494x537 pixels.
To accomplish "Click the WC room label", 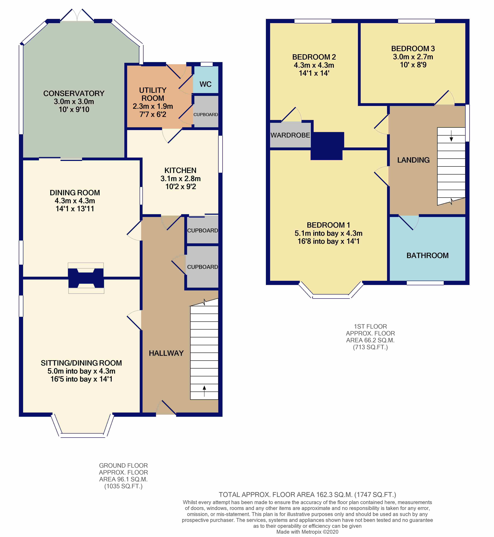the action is [205, 84].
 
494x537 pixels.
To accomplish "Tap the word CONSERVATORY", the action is [74, 93].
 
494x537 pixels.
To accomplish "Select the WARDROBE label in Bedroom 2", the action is [290, 135].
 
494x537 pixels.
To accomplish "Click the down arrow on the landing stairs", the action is [451, 136].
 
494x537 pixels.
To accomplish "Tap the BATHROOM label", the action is [427, 256].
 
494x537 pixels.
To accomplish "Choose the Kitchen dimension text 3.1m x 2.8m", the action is [180, 178].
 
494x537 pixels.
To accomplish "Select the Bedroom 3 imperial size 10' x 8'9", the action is [413, 65].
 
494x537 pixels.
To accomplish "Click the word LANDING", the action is [413, 160].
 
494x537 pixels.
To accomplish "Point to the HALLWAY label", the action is [166, 353].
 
